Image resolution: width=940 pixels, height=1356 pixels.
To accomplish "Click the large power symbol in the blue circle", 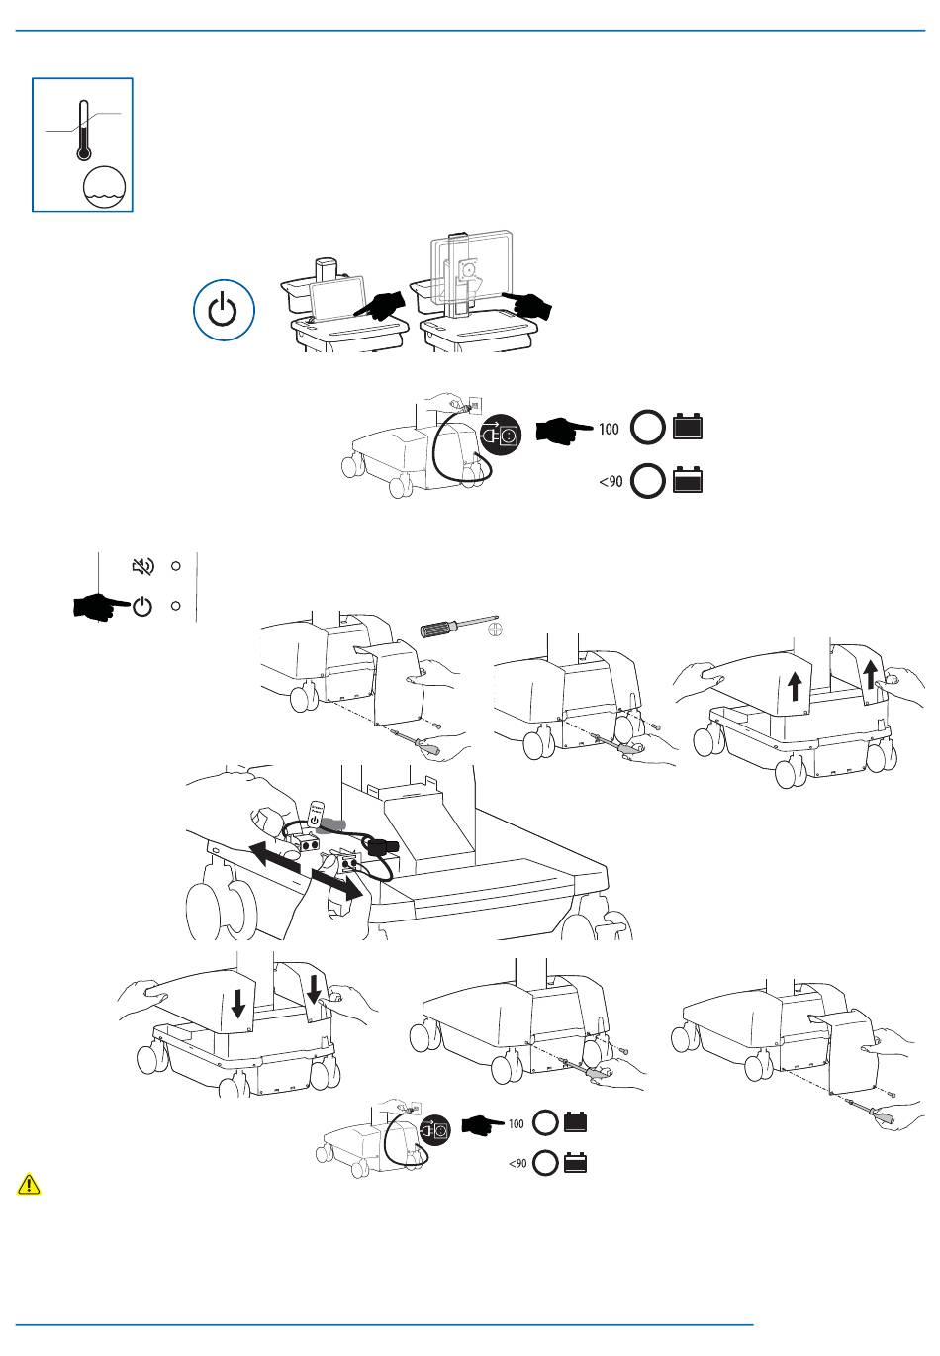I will [224, 311].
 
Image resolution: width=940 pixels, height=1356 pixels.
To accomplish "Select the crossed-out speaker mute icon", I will [143, 566].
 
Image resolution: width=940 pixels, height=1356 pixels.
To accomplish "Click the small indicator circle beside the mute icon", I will [175, 566].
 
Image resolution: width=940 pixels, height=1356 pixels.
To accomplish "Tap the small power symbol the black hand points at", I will [142, 606].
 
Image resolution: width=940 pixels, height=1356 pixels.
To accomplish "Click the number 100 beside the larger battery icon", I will [609, 429].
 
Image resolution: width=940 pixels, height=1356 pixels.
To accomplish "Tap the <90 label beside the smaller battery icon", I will [611, 481].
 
